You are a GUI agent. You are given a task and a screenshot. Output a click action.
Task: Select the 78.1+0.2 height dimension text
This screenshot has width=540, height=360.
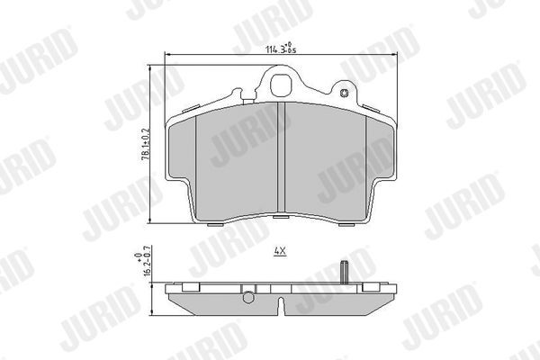(143, 144)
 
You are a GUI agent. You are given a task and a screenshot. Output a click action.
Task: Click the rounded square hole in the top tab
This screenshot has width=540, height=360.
(281, 87)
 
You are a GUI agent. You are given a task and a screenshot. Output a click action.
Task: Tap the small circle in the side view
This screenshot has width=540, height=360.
(247, 296)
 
